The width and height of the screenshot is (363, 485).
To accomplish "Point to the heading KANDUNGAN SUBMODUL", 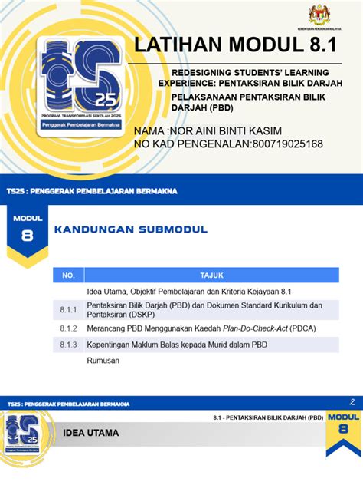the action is (130, 229).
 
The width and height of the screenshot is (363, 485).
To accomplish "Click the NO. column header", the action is (68, 274).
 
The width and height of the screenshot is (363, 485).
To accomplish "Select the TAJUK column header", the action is (211, 274).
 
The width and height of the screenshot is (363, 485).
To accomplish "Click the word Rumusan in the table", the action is (103, 360).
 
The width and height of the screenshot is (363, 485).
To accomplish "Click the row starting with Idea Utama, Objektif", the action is (189, 292).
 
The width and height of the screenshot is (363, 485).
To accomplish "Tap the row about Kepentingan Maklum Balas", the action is (178, 345).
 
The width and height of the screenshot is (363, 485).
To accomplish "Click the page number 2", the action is (352, 401).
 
